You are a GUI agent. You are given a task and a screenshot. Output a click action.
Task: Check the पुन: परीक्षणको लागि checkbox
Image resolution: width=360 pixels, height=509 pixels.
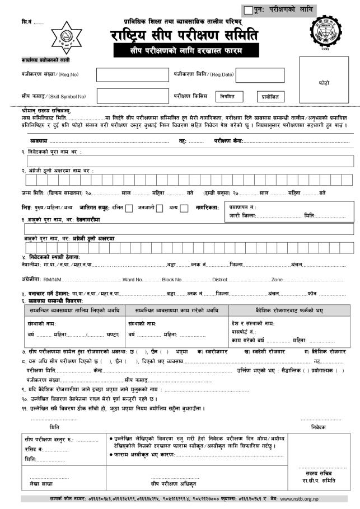click(249, 10)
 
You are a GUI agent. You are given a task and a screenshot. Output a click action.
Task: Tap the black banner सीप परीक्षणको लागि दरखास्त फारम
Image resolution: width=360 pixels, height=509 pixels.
click(185, 50)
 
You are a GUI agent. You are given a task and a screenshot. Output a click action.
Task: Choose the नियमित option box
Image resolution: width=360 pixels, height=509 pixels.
click(231, 97)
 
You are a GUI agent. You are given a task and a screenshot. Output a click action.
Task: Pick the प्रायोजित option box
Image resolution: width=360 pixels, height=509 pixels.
click(270, 97)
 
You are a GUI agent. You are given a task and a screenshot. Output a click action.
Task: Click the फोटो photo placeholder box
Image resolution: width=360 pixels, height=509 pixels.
click(324, 81)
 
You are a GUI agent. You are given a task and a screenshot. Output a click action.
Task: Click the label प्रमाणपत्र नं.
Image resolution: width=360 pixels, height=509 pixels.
click(242, 207)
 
